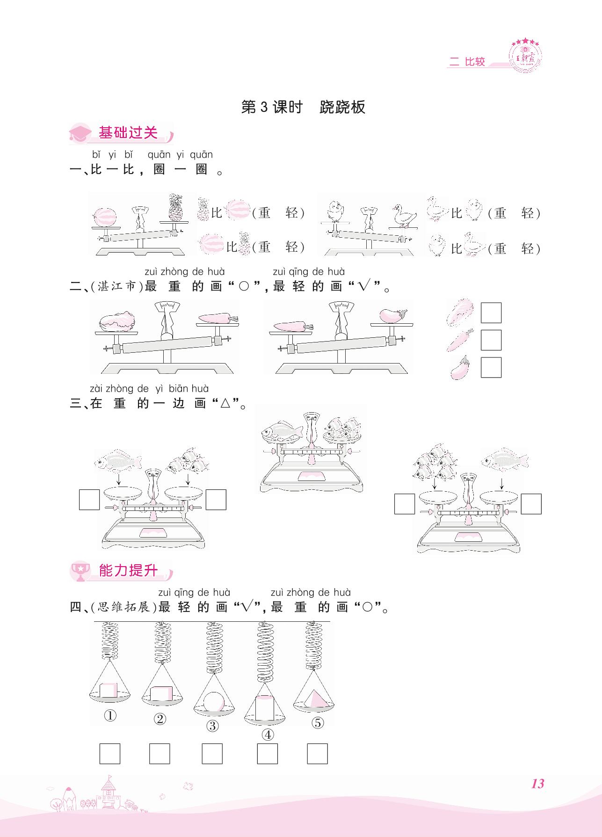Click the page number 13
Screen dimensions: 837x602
537,783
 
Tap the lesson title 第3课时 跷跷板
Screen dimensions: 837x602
303,108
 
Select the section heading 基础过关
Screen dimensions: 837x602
128,133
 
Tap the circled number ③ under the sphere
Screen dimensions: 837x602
212,726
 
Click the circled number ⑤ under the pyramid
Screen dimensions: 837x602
317,723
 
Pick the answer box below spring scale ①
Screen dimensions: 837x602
110,754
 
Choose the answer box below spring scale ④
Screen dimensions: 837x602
268,754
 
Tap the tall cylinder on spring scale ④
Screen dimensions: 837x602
265,708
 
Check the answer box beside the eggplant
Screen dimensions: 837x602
491,367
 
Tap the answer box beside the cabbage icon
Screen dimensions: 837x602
491,313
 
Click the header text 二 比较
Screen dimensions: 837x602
467,62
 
